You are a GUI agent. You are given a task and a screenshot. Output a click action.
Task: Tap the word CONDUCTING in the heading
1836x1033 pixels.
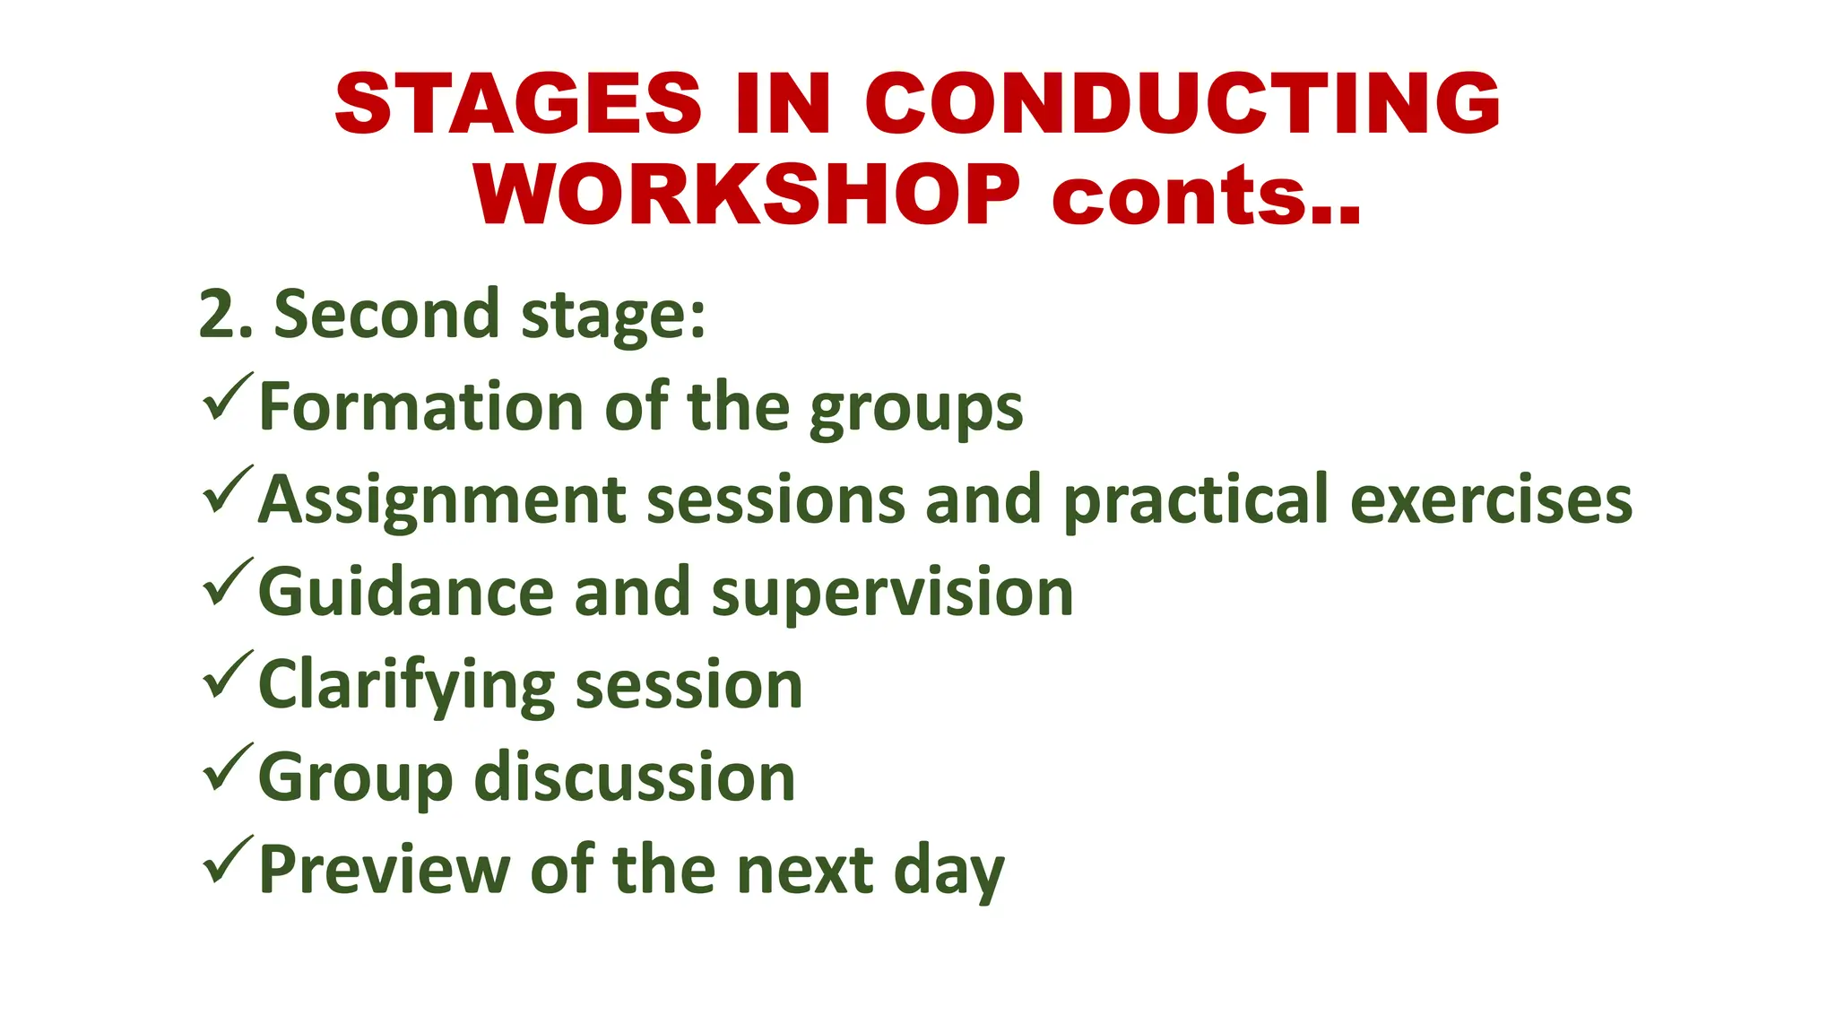point(1182,105)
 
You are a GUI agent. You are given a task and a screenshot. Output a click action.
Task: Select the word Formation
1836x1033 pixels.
point(421,408)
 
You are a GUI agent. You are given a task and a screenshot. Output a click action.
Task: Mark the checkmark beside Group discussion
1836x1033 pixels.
point(227,768)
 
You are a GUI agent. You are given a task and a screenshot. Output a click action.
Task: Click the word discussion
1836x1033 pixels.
point(634,777)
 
